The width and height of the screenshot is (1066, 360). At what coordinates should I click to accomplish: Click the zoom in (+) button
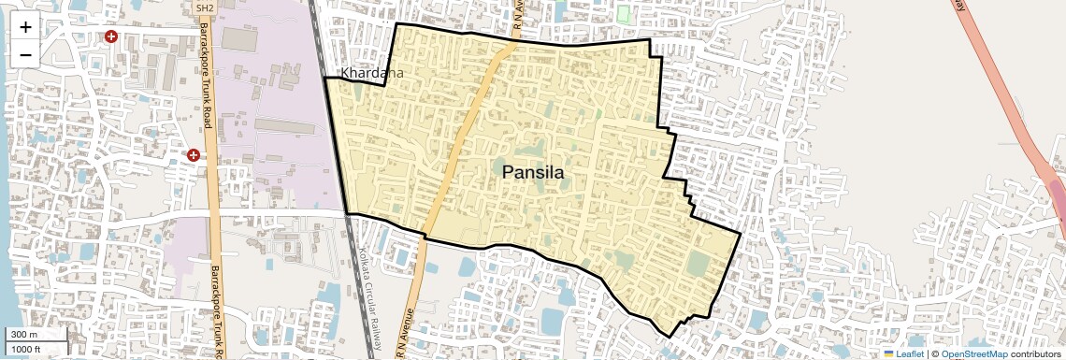tap(25, 26)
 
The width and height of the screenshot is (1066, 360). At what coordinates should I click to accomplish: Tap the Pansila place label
tap(533, 172)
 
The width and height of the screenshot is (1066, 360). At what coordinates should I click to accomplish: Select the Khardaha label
tap(372, 73)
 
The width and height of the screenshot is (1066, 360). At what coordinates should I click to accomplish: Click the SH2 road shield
tap(205, 8)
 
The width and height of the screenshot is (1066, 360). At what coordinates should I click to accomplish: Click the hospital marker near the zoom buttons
tap(111, 36)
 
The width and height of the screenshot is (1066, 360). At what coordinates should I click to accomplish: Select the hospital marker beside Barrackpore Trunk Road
tap(193, 154)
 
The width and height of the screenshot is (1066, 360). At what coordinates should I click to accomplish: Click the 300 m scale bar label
tap(24, 335)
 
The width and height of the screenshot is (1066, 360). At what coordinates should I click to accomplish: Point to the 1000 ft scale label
tap(28, 349)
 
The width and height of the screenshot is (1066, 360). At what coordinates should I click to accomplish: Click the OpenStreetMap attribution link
tap(973, 353)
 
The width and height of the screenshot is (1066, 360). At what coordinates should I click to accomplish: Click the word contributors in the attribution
tap(1035, 353)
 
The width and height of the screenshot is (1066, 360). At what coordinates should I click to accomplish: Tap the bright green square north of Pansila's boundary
tap(624, 14)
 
